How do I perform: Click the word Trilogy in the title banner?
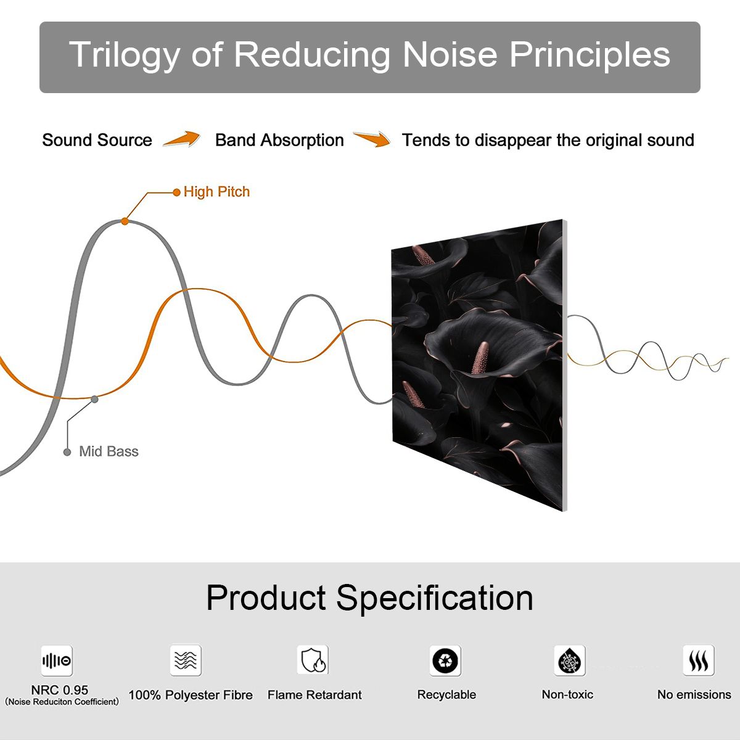click(x=125, y=55)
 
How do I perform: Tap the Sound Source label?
click(x=97, y=140)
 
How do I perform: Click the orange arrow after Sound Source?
click(x=182, y=139)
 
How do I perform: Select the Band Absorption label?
click(x=279, y=141)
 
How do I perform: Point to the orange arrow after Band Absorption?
click(x=372, y=139)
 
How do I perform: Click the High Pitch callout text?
click(x=216, y=192)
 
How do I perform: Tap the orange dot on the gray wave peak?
click(x=125, y=221)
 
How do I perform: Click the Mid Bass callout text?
click(x=109, y=451)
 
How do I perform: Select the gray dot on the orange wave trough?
click(x=94, y=400)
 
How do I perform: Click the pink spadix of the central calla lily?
click(x=480, y=358)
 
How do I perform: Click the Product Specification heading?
click(x=369, y=598)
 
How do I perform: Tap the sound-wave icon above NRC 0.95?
click(x=57, y=660)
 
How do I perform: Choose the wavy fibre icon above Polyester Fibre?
click(x=186, y=660)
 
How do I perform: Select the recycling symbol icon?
click(x=445, y=660)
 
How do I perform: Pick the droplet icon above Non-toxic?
click(x=570, y=660)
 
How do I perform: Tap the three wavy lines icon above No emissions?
click(x=699, y=660)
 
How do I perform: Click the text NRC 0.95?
click(x=60, y=690)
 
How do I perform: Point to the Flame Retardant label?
click(x=314, y=695)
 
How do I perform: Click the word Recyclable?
click(x=446, y=695)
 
